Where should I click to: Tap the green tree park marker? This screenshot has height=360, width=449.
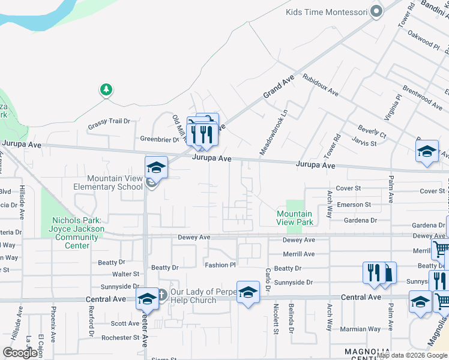click(106, 90)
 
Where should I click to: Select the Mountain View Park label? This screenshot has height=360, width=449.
click(295, 218)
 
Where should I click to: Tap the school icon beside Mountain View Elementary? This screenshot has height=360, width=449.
click(155, 167)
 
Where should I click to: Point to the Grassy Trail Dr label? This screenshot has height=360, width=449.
click(109, 121)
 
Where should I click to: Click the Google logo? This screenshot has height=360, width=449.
click(20, 353)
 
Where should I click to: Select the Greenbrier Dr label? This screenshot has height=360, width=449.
click(160, 139)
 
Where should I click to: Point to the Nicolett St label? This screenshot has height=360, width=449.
click(276, 318)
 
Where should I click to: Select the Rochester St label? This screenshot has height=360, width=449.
click(121, 338)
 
